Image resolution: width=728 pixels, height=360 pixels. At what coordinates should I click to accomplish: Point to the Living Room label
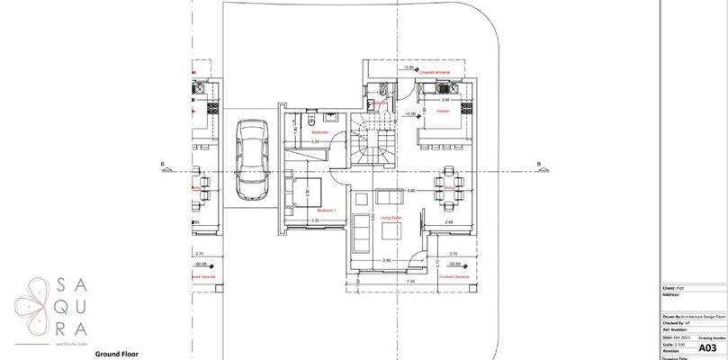coord(391,217)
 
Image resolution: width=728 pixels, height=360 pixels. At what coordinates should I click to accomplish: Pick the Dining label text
coord(440,187)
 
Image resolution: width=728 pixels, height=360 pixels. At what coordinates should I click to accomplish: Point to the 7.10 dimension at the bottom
coord(409,282)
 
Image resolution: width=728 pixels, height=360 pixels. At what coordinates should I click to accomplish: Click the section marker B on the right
coord(538,164)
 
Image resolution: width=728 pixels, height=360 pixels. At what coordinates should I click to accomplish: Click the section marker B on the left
coord(163,164)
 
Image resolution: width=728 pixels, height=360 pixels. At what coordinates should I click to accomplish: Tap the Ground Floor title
coord(121,355)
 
